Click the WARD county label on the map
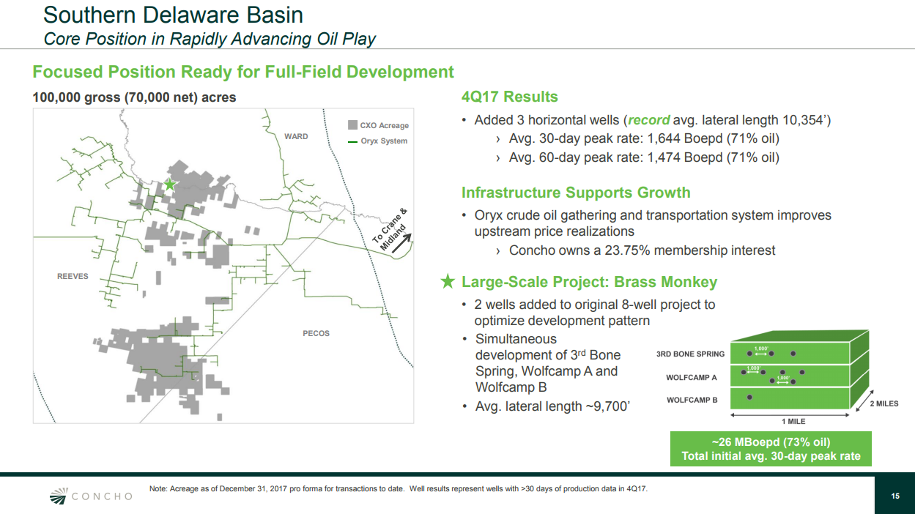[x=296, y=136]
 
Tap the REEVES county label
[x=73, y=276]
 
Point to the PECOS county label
[x=316, y=334]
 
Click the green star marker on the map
[x=170, y=185]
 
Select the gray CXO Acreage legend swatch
[x=352, y=125]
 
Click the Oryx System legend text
[x=384, y=141]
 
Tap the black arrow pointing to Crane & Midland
[x=401, y=243]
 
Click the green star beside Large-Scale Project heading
[x=448, y=281]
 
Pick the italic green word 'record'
[x=648, y=120]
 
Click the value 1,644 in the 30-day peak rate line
[x=664, y=138]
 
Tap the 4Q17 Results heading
[x=509, y=97]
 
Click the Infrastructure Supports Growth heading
[x=576, y=193]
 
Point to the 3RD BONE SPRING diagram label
[x=690, y=354]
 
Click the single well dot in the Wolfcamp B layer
[x=749, y=398]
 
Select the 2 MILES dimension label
[x=884, y=403]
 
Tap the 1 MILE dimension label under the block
[x=793, y=421]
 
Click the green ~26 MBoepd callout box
[x=771, y=449]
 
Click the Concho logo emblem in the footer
[x=59, y=496]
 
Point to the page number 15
[x=895, y=496]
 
